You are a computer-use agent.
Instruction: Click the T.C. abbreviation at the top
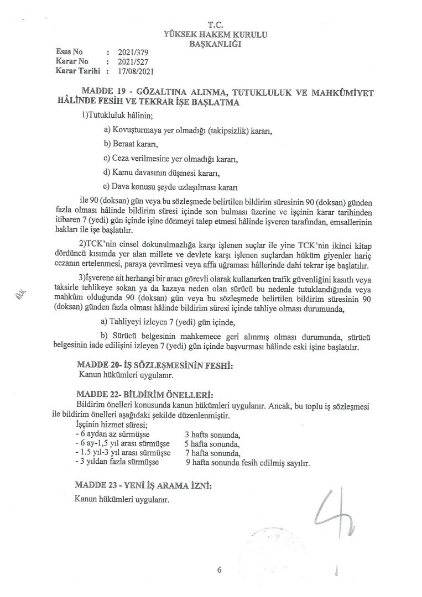215,25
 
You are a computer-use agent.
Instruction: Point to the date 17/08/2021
135,71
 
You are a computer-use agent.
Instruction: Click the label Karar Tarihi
77,71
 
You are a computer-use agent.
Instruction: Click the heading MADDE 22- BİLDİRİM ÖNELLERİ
145,395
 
